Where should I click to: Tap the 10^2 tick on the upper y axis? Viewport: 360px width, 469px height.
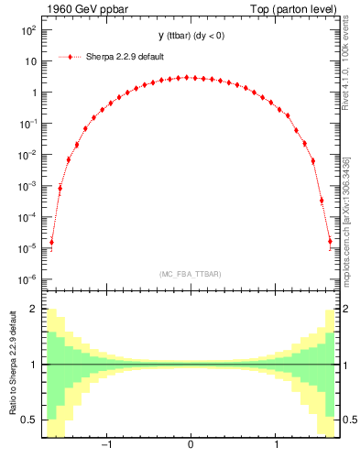click(x=27, y=30)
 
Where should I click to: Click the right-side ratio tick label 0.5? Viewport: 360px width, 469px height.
click(x=349, y=420)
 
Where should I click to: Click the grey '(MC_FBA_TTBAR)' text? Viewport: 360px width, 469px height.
click(x=190, y=274)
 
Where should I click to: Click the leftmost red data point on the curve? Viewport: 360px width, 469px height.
click(x=51, y=243)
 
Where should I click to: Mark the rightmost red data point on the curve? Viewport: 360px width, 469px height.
click(x=330, y=243)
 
